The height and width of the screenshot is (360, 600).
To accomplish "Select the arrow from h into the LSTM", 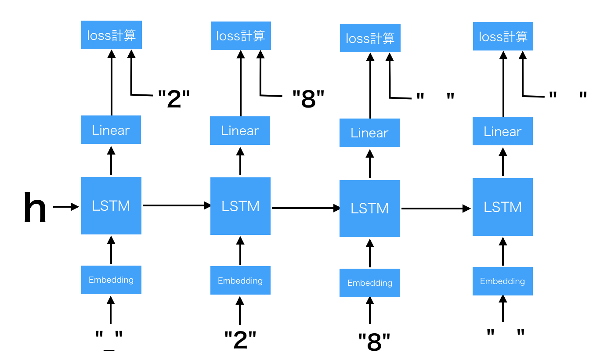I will tap(65, 206).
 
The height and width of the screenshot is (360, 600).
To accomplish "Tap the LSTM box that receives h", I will tap(111, 205).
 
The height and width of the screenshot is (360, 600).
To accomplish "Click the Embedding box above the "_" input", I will tap(111, 280).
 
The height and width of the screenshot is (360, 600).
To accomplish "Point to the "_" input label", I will tap(109, 340).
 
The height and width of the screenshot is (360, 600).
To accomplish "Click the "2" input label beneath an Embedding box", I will tap(240, 340).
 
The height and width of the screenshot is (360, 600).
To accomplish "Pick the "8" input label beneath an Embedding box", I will tap(374, 342).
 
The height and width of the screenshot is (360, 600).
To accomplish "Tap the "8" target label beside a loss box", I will tap(308, 99).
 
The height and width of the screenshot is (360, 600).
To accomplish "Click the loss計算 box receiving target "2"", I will tap(112, 35).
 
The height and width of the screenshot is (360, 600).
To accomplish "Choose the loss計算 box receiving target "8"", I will tap(241, 36).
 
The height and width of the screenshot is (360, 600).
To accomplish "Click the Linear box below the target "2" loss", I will tap(111, 130).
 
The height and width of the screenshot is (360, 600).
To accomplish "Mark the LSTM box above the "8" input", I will tap(369, 209).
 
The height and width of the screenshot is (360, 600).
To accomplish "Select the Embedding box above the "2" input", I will tap(240, 281).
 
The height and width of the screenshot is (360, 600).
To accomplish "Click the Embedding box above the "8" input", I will tap(369, 283).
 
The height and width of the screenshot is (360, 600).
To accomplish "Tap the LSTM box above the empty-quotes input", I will tap(502, 207).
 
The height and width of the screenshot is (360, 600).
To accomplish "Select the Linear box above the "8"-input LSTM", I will tap(369, 133).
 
